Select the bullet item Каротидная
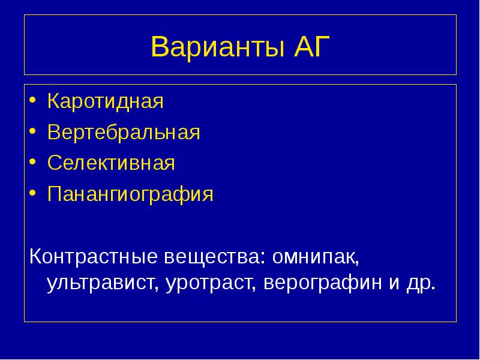(x=106, y=101)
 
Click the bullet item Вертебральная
(x=124, y=132)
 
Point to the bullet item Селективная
(x=111, y=163)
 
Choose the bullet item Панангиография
(x=130, y=194)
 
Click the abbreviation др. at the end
(x=418, y=282)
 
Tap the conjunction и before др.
(x=392, y=282)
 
